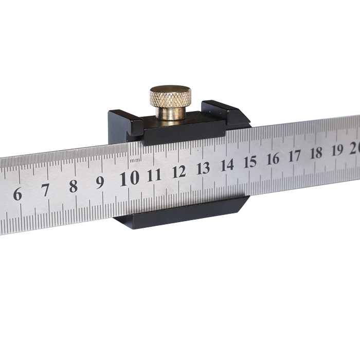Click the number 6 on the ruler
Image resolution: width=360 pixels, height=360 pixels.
17,194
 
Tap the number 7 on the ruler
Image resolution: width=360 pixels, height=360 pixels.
45,190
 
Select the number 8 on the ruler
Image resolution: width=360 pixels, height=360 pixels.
73,186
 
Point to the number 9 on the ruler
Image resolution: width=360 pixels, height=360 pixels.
100,183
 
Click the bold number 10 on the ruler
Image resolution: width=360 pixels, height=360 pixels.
130,178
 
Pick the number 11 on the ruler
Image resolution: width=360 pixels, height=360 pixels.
154,175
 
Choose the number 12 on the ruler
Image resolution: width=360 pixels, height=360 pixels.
179,172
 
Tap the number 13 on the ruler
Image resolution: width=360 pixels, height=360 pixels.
204,168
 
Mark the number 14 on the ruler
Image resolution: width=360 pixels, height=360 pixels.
227,165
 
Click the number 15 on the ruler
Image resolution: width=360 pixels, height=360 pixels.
250,162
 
